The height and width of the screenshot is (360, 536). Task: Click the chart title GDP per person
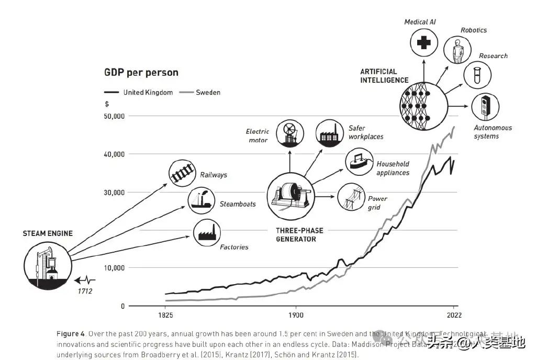click(141, 73)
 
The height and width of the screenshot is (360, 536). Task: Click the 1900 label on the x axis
click(296, 316)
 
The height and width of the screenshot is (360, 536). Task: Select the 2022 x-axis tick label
click(453, 316)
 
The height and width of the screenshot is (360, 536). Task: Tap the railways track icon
click(182, 174)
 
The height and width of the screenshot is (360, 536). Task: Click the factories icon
click(207, 232)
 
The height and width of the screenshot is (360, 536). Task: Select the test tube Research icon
click(477, 75)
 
